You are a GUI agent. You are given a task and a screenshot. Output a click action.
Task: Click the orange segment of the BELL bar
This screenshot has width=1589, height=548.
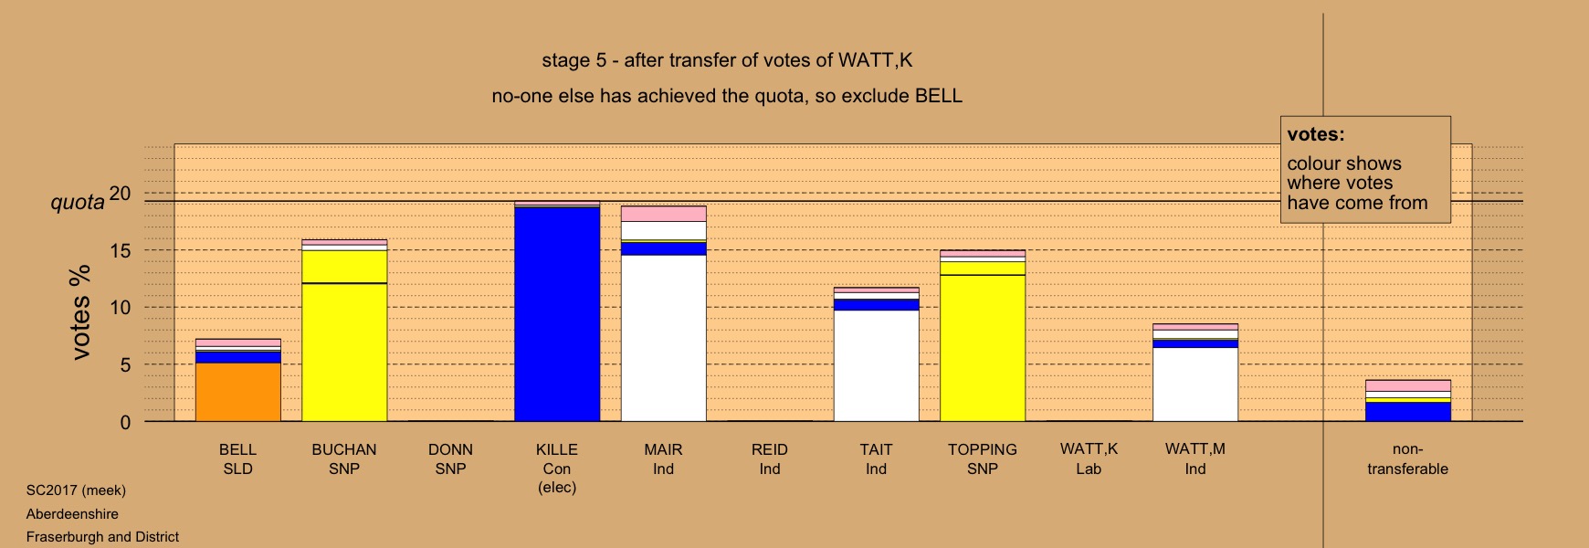(238, 392)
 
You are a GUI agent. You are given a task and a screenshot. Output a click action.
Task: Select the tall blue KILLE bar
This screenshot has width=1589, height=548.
(557, 314)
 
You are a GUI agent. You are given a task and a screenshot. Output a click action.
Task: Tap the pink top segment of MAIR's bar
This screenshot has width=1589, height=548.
(664, 214)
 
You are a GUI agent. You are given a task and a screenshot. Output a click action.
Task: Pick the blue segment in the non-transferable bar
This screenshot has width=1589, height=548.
(1408, 412)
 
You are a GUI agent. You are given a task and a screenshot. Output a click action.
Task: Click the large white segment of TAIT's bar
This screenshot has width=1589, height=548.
(877, 366)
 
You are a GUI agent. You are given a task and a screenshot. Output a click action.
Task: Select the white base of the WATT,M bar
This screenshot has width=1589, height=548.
(1195, 385)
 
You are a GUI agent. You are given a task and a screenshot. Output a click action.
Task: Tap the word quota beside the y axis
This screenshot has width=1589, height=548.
(78, 203)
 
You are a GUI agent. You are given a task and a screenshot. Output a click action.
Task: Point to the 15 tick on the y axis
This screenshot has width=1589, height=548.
(121, 251)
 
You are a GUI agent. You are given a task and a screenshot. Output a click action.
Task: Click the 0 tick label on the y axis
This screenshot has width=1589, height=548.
(125, 423)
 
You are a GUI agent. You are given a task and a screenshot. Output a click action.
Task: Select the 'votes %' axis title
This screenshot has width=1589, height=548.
(81, 312)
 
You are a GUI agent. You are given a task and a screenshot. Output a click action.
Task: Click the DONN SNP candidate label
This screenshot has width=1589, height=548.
(450, 459)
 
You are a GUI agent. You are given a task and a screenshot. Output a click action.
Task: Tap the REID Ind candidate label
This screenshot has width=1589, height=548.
(770, 459)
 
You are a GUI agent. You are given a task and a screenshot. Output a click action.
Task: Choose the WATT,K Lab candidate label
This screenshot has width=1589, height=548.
(1089, 459)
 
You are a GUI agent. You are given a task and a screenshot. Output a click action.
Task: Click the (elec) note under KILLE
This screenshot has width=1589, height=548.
(557, 488)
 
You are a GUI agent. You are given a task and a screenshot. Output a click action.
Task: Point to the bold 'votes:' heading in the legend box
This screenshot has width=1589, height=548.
(1316, 134)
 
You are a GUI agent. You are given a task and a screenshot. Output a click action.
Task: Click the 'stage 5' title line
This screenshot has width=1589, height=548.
(727, 60)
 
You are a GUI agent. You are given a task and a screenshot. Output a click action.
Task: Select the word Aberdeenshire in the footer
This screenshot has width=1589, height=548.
(72, 514)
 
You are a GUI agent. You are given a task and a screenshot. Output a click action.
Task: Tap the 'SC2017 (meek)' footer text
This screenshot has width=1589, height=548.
(76, 490)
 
